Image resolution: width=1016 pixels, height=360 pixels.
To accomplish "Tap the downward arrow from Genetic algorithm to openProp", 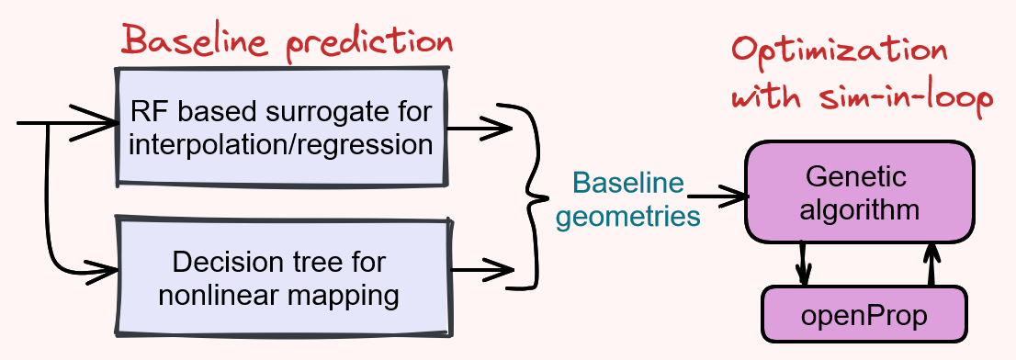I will pos(804,262).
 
